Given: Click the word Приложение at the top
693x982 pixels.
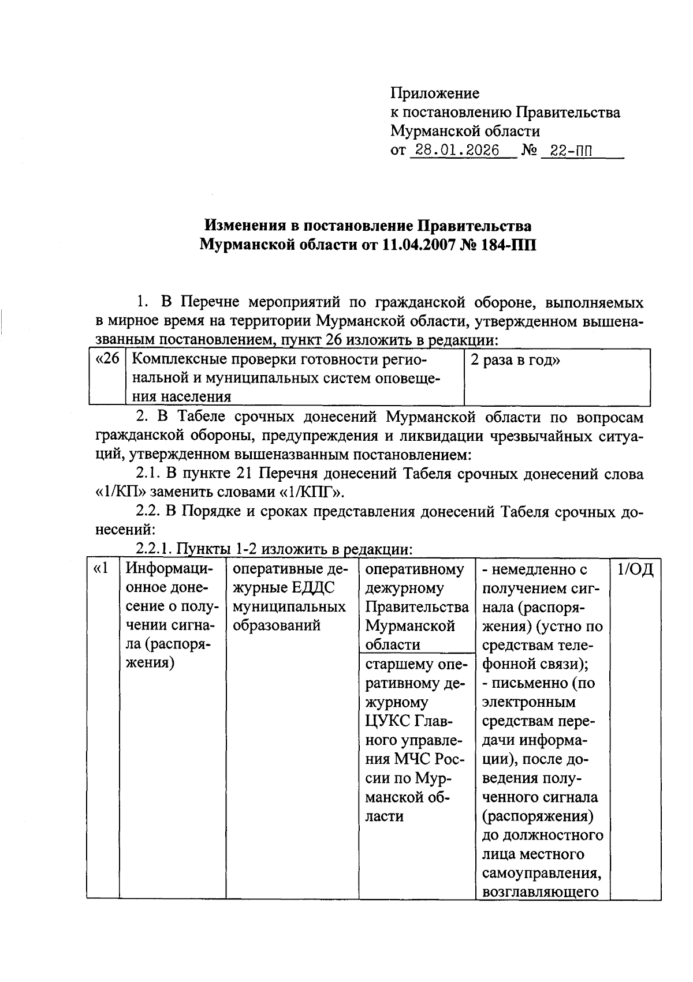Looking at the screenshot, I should pos(435,93).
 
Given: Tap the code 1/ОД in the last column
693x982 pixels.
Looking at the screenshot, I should pos(635,570).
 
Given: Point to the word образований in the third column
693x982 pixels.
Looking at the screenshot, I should pos(276,626).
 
